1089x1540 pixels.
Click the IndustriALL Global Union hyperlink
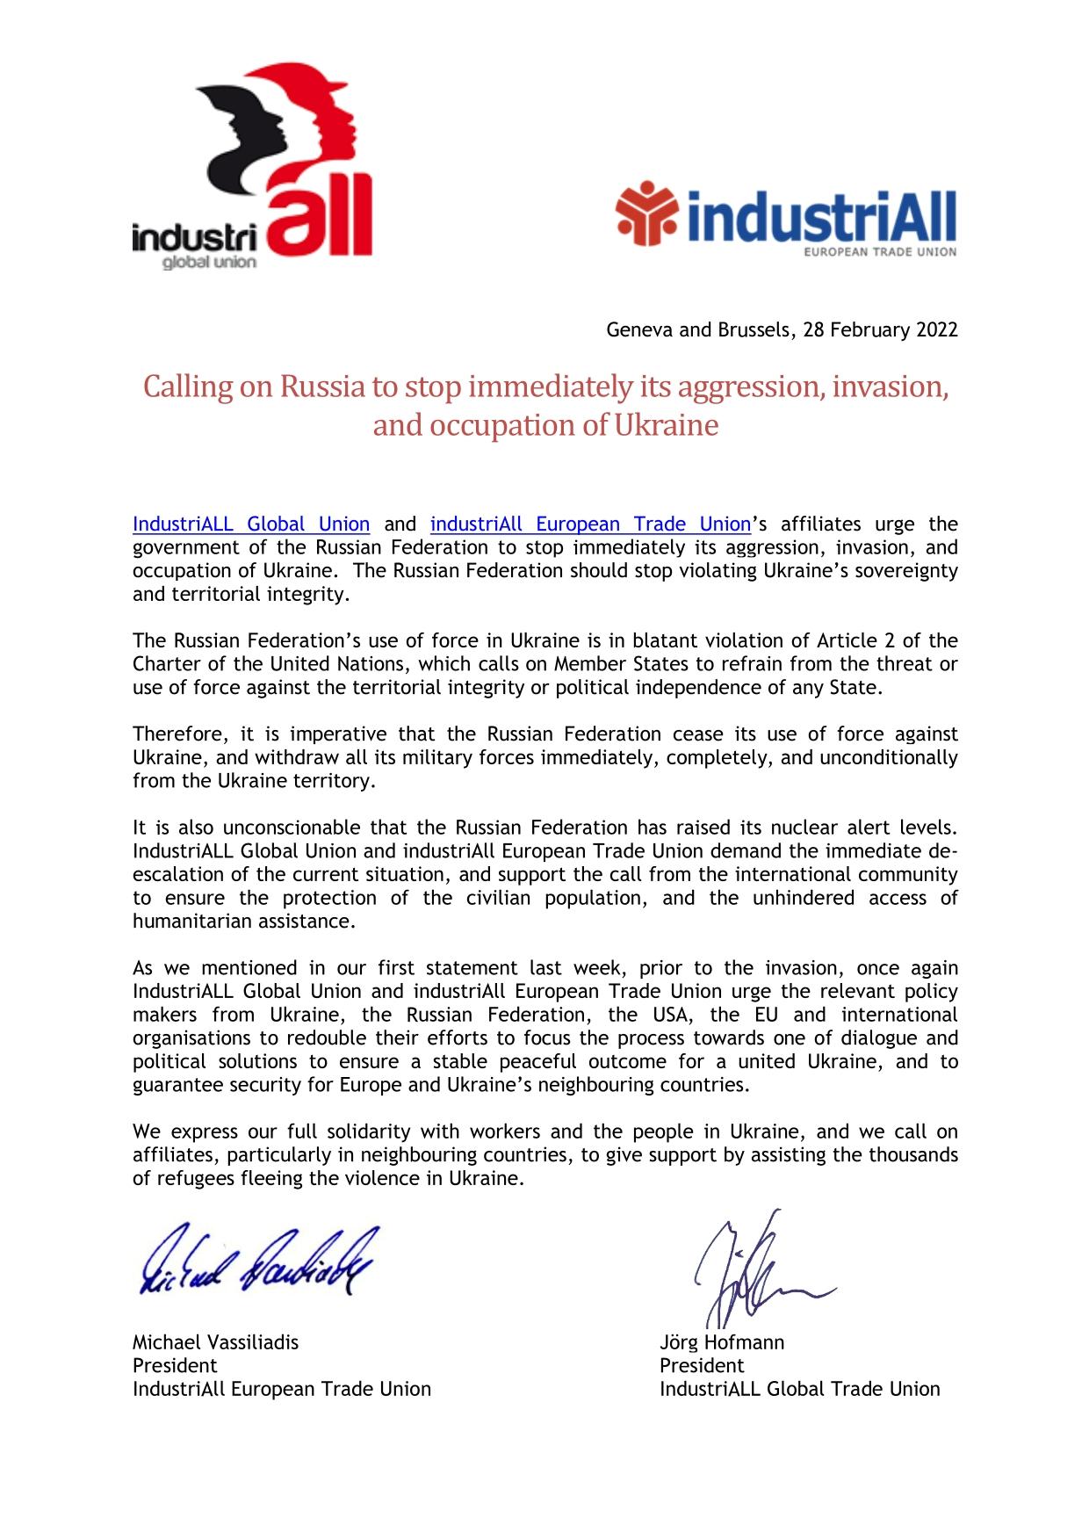point(251,524)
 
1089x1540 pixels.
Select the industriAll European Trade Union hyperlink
point(590,524)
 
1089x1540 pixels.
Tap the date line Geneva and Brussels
point(782,330)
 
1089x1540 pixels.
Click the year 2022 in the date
point(936,330)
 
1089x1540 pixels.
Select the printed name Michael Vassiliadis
point(215,1342)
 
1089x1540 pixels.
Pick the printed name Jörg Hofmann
point(722,1342)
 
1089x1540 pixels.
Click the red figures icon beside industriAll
point(646,213)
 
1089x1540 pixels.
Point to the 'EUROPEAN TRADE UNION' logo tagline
point(881,252)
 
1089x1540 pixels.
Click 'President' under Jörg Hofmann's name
point(702,1366)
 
